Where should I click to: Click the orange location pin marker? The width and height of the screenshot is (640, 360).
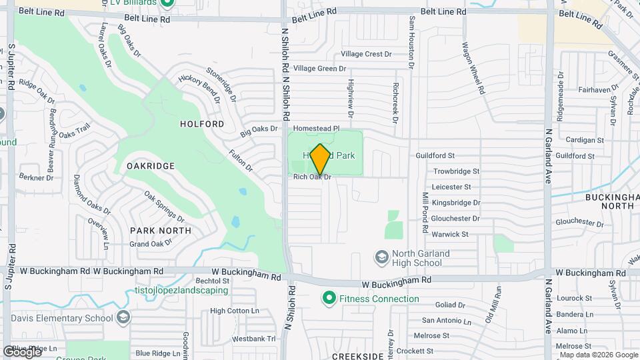tap(321, 159)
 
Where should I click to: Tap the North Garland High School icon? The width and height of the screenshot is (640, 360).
tap(382, 257)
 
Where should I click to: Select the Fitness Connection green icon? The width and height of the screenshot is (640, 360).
tap(328, 298)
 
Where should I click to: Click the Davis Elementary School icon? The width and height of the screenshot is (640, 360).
tap(123, 317)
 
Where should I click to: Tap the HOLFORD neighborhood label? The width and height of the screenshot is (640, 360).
tap(202, 124)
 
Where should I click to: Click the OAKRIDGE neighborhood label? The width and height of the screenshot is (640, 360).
tap(151, 165)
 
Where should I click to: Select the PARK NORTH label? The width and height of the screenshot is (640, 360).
tap(160, 230)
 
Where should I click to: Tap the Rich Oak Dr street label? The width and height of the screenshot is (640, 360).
tap(312, 177)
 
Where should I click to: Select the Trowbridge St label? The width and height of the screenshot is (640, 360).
tap(456, 171)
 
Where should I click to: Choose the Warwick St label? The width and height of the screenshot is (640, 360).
tap(450, 234)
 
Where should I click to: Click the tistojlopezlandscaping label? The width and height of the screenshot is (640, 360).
tap(181, 291)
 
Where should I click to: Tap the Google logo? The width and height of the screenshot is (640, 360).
tap(22, 351)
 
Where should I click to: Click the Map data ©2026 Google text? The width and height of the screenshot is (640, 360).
tap(596, 354)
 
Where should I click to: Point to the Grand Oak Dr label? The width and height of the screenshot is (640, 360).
tap(151, 244)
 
